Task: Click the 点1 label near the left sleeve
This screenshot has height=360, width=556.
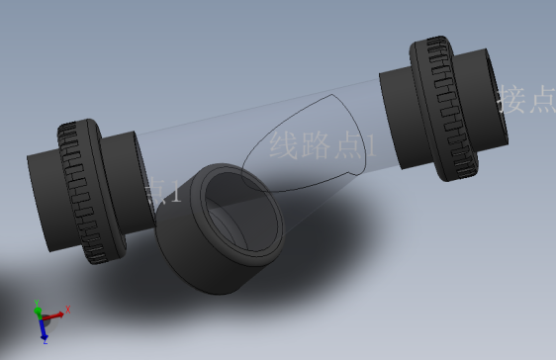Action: coord(163,191)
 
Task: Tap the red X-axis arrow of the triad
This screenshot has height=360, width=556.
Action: coord(55,315)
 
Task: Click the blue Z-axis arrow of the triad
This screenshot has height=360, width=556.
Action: coord(43,328)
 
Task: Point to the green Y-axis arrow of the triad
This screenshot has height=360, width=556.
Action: coord(39,310)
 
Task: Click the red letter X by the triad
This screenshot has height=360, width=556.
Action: coord(68,311)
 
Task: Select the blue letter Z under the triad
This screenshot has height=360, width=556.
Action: coord(46,341)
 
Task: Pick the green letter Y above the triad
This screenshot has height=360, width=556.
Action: coord(37,301)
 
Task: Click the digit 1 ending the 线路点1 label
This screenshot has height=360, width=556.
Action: coord(372,147)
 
